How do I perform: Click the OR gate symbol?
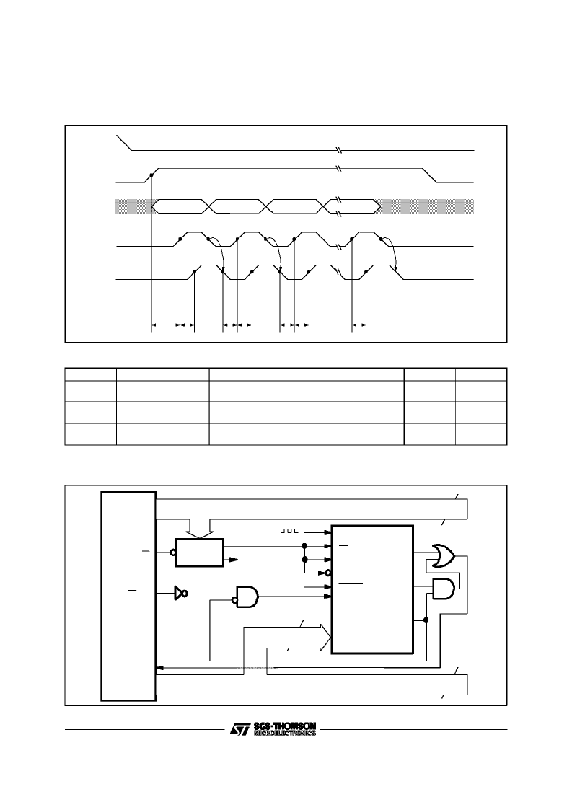[444, 556]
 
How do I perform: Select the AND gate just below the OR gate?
[444, 589]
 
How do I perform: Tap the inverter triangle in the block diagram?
[180, 594]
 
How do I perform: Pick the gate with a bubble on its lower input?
[247, 597]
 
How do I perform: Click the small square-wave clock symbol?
[289, 531]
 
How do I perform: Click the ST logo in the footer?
[239, 728]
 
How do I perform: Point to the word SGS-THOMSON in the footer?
[285, 726]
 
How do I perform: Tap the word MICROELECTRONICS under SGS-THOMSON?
[285, 733]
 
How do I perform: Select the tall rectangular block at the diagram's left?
[128, 596]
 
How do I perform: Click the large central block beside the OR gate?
[372, 589]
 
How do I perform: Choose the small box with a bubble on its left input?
[200, 553]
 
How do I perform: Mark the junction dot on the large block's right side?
[426, 620]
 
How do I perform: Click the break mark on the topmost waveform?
[338, 150]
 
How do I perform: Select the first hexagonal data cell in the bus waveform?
[180, 206]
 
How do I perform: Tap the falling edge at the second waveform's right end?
[431, 175]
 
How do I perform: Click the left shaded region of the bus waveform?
[134, 206]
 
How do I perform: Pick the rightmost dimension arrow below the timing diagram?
[358, 325]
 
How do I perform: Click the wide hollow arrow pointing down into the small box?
[200, 527]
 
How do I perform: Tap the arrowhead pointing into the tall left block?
[160, 668]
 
